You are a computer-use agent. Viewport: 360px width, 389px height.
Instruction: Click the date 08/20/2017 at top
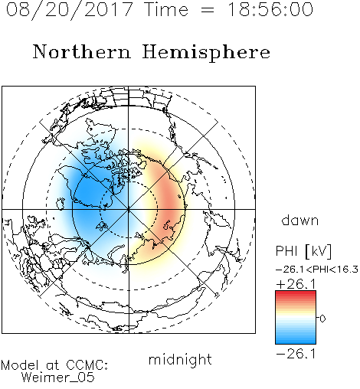click(70, 10)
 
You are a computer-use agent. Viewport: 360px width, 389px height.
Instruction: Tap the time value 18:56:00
click(270, 10)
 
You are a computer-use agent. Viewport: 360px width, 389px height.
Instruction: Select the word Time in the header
click(166, 10)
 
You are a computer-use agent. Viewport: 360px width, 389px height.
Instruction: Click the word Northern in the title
click(82, 51)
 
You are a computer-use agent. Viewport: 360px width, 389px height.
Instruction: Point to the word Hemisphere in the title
click(206, 53)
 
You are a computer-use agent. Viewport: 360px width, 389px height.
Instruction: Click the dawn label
click(300, 220)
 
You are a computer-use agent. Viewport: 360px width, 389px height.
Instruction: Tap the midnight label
click(180, 359)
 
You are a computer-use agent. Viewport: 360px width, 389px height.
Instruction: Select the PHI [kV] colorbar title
click(303, 251)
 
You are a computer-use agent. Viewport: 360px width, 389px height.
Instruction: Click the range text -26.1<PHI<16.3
click(317, 270)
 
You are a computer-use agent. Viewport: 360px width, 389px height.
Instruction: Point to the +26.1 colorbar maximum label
click(296, 284)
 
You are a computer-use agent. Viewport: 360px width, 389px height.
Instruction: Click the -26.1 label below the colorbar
click(296, 354)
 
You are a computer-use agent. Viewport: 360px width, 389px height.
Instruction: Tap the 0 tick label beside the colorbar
click(322, 319)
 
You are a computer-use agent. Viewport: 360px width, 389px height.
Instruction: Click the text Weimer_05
click(57, 378)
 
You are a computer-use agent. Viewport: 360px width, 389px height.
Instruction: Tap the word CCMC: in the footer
click(87, 365)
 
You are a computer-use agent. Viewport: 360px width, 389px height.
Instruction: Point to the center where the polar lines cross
click(129, 209)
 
